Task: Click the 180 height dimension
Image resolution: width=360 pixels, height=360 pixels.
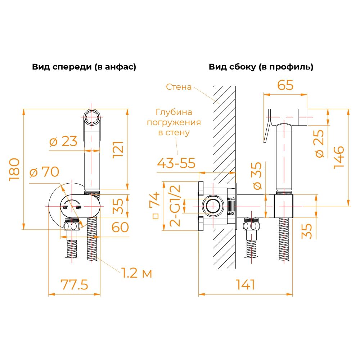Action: point(14,170)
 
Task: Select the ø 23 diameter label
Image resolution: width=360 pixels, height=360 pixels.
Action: point(63,141)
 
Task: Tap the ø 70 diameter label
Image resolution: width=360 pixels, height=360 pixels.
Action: point(44,172)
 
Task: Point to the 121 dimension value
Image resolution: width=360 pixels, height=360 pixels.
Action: point(118,149)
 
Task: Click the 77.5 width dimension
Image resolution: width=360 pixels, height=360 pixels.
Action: point(74,285)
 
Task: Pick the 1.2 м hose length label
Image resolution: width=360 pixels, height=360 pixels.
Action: point(136,273)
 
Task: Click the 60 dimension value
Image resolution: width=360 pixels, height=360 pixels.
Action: point(120,227)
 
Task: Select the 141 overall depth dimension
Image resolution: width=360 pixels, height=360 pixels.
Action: point(246,285)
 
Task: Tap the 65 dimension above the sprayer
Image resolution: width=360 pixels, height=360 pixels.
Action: point(285,85)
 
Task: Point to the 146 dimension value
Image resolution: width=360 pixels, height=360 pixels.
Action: point(339,158)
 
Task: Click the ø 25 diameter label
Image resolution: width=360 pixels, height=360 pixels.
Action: point(320,144)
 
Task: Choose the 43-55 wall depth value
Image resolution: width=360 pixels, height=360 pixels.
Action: point(176,163)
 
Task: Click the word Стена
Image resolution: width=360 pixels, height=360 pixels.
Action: point(179,87)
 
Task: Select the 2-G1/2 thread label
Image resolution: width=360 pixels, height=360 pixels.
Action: point(175,206)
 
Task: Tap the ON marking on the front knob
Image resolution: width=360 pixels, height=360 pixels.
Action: point(65,208)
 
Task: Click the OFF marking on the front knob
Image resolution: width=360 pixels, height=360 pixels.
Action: point(78,208)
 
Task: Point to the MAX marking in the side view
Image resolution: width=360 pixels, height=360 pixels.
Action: point(231,214)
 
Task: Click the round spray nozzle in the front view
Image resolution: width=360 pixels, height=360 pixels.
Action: point(92,117)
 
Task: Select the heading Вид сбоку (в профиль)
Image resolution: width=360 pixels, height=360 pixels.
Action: point(261,67)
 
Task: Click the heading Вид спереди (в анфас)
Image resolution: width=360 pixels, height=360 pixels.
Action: point(84,67)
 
